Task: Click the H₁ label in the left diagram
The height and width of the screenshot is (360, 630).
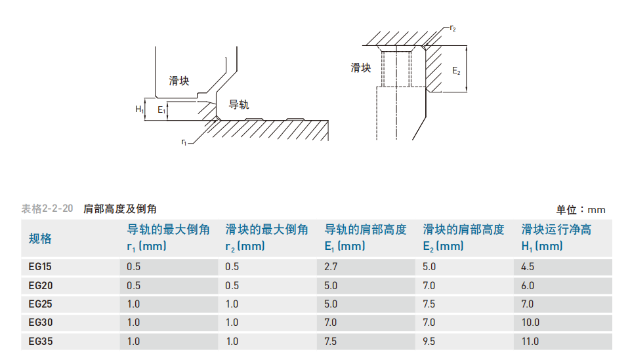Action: (139, 109)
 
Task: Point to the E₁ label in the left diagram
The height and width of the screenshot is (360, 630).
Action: (161, 110)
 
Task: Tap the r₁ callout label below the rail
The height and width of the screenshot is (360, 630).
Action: (184, 142)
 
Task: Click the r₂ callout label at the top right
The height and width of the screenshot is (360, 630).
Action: (453, 28)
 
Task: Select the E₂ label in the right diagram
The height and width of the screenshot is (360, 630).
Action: (456, 71)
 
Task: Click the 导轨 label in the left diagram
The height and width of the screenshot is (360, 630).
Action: (239, 105)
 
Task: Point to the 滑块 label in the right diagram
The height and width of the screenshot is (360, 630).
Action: (360, 68)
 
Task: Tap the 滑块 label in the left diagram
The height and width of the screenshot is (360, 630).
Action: (178, 81)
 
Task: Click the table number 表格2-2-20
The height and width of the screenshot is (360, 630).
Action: (47, 209)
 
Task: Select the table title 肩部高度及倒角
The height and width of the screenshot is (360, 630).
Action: (119, 209)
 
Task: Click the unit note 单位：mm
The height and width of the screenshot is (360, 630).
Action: (581, 209)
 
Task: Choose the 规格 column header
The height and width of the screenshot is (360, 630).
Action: (40, 239)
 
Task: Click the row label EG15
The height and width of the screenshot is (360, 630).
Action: (40, 266)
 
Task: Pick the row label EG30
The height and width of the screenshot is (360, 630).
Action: (41, 322)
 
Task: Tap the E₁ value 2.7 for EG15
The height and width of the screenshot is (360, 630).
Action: (331, 266)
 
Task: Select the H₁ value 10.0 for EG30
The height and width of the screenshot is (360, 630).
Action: (530, 322)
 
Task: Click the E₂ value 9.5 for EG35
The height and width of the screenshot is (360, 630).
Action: (429, 341)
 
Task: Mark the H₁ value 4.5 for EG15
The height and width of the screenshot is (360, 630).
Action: (528, 266)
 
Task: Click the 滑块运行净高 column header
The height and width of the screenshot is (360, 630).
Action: (556, 230)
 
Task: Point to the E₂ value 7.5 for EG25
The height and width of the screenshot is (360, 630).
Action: (429, 304)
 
